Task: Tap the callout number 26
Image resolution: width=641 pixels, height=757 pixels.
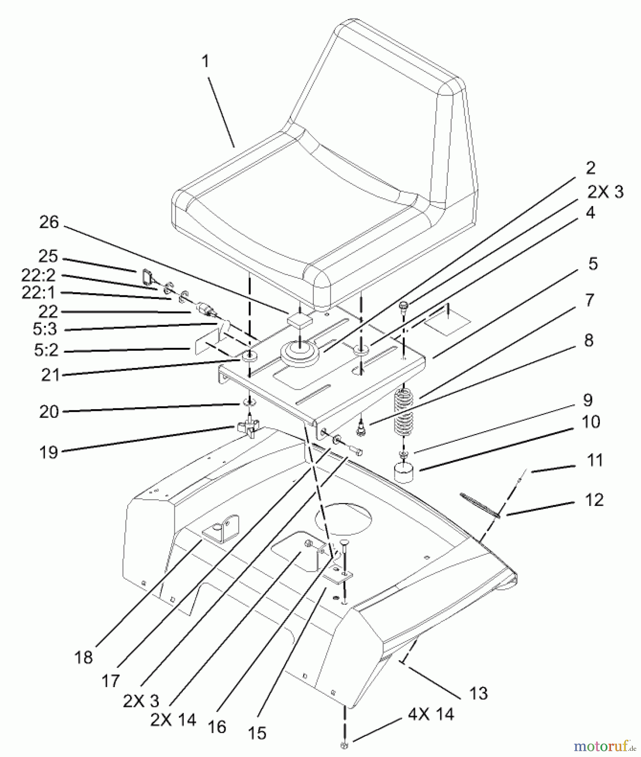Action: point(49,223)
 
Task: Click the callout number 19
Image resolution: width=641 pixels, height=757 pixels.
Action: point(49,453)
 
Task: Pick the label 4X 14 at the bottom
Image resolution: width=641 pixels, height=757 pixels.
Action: point(431,714)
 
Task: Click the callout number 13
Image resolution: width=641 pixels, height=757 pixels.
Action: point(478,693)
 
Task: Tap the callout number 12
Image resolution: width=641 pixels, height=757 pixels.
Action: point(594,500)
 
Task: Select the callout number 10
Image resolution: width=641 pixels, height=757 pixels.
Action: point(591,422)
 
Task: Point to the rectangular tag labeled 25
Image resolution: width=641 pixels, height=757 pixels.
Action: point(146,277)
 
